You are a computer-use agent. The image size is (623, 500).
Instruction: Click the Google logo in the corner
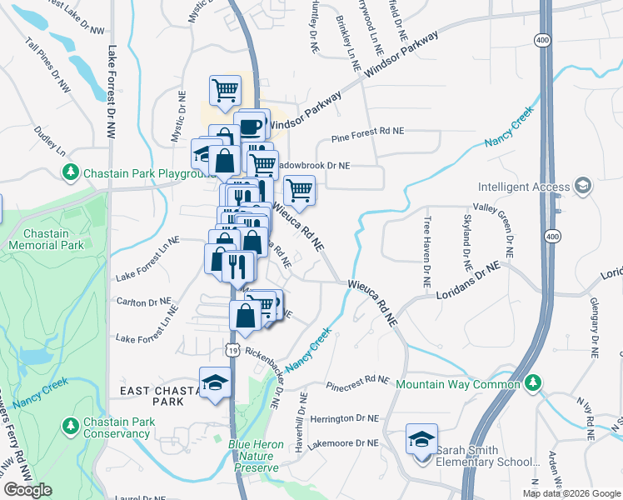pos(27,490)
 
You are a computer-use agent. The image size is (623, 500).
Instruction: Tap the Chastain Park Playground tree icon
pos(72,172)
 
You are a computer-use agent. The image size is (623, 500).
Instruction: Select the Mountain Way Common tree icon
pos(534,383)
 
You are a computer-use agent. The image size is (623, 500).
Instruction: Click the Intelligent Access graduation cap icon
pos(584,187)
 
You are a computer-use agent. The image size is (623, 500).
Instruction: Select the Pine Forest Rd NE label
pos(367,131)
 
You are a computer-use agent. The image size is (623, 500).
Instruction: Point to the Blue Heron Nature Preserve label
pos(256,456)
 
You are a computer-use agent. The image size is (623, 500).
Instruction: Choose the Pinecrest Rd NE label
pos(358,380)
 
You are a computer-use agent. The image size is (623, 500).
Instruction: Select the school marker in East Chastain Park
pos(215,382)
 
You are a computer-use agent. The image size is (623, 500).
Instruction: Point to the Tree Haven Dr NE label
pos(426,252)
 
